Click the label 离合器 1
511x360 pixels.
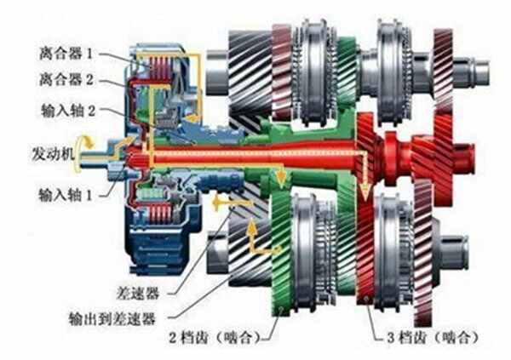coord(66,54)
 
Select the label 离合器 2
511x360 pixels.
coord(66,79)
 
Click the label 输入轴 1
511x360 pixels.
coord(66,195)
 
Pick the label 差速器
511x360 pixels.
coord(138,294)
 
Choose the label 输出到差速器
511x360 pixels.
coord(112,318)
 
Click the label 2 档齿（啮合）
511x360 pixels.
coord(214,338)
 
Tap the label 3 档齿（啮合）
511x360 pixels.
coord(433,338)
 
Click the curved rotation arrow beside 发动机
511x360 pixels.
coord(81,154)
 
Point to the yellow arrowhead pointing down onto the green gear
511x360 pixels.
coord(280,179)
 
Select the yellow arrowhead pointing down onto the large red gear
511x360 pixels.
coord(365,193)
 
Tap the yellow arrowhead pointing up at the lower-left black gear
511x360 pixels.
coord(251,228)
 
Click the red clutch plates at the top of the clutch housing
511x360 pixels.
coord(160,68)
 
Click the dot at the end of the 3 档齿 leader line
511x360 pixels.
coord(367,299)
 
